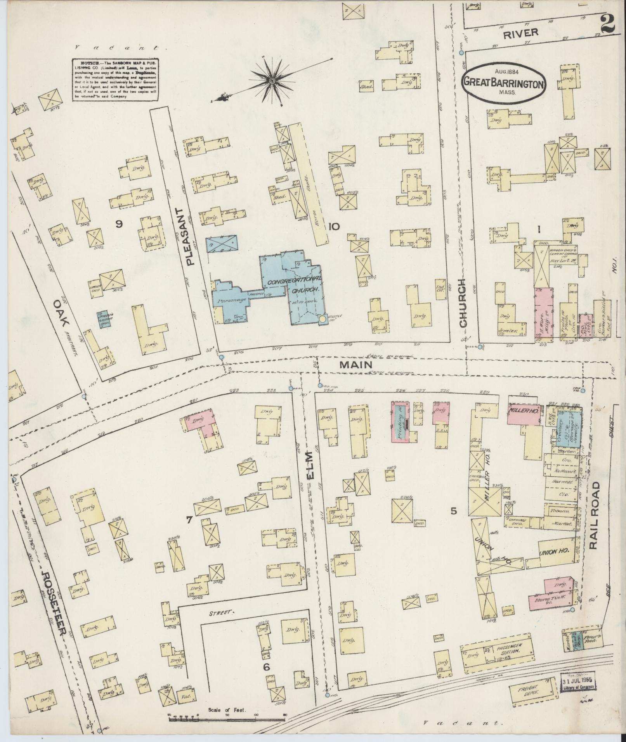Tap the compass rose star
pyautogui.click(x=272, y=80)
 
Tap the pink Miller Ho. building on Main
pyautogui.click(x=522, y=414)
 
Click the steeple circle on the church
pyautogui.click(x=322, y=319)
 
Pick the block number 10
pyautogui.click(x=334, y=227)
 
